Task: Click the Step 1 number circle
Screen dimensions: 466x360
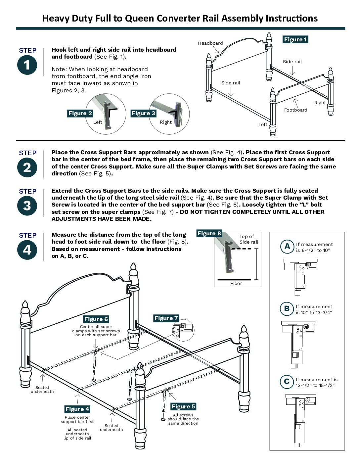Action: tap(27, 65)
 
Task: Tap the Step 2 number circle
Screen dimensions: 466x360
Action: tap(27, 167)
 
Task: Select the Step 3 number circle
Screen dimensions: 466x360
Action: tap(27, 206)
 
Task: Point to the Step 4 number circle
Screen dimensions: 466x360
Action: tap(27, 250)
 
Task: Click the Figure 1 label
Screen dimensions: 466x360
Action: tap(295, 39)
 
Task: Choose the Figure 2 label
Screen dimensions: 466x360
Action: tap(80, 113)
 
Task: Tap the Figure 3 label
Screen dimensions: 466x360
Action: tap(143, 113)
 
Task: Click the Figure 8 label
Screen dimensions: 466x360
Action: tap(209, 233)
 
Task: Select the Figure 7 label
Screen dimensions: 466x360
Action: tap(166, 318)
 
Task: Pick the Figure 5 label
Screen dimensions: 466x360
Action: tap(183, 406)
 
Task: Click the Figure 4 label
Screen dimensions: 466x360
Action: tap(77, 409)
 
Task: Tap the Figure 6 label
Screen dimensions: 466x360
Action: tap(96, 319)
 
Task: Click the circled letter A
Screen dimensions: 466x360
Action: tap(287, 246)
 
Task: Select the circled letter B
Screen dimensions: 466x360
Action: tap(287, 309)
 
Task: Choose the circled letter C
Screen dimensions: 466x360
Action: tap(287, 382)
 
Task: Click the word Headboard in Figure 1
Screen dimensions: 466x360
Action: tap(210, 43)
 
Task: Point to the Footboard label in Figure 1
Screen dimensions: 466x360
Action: tap(295, 110)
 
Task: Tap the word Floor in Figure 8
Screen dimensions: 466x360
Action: tap(236, 283)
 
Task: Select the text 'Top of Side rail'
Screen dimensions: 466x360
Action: tap(248, 239)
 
